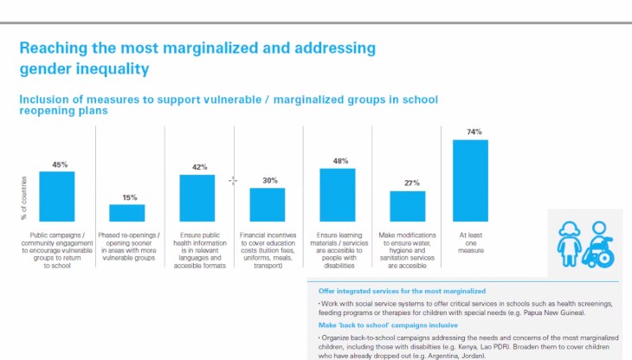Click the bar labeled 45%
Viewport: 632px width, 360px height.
tap(57, 196)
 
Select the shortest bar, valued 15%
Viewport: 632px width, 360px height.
tap(126, 213)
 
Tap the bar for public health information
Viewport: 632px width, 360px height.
tap(197, 198)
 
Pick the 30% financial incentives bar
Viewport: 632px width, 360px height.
tap(268, 204)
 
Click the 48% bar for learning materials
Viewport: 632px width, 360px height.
tap(338, 195)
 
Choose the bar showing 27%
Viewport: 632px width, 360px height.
tap(408, 206)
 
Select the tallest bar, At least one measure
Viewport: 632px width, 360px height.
tap(470, 181)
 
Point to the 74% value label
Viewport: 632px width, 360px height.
tap(474, 132)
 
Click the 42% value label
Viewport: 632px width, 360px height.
tap(199, 167)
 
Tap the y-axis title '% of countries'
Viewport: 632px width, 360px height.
tap(24, 197)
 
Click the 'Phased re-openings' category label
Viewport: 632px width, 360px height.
tap(130, 238)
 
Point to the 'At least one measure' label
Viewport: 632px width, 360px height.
tap(470, 242)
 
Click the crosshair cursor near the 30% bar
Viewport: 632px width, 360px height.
tap(232, 180)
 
